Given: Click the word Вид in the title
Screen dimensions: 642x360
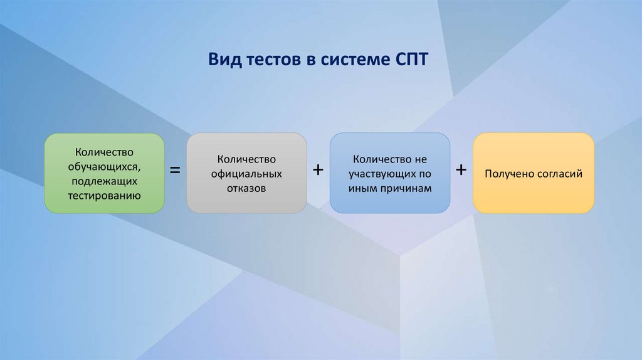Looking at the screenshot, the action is (x=223, y=60).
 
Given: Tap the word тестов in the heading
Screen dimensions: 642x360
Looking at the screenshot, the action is (x=271, y=60).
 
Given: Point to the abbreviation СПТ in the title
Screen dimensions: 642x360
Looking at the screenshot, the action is (x=413, y=60).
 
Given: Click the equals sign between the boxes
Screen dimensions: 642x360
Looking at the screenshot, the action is (x=176, y=171).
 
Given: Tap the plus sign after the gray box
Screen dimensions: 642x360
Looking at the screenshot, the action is (x=318, y=170).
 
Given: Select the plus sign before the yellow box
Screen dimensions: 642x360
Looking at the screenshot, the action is (x=461, y=170).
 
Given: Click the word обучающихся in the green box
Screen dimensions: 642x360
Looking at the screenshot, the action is (x=104, y=166).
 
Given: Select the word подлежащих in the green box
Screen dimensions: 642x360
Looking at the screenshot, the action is (x=104, y=181).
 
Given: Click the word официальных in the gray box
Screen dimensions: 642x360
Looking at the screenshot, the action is (x=246, y=173).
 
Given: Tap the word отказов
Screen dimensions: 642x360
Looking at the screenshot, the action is (x=246, y=188).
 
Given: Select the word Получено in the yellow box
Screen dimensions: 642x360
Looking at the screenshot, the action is (x=508, y=174).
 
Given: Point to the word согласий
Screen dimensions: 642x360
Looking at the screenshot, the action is (x=557, y=174).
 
